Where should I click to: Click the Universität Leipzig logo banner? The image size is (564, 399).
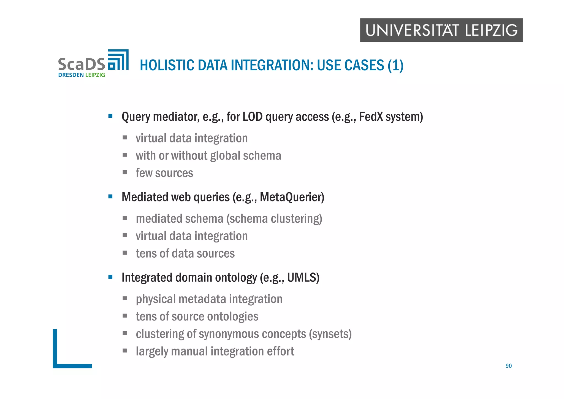point(441,30)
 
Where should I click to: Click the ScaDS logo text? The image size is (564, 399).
point(82,64)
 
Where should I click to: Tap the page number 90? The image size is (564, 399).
point(508,366)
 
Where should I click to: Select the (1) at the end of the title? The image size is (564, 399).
point(395,65)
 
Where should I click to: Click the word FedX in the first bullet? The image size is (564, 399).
point(371,117)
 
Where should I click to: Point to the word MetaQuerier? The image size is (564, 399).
point(292,197)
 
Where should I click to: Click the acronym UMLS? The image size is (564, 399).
point(303,277)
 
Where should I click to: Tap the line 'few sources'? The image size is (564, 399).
point(164,173)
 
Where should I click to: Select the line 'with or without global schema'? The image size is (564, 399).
point(208,156)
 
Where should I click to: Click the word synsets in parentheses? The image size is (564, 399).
point(330,334)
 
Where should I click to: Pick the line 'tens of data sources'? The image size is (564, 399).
point(185,254)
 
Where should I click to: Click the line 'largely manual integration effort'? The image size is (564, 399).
point(215,351)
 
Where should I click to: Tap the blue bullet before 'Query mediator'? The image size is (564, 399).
point(110,116)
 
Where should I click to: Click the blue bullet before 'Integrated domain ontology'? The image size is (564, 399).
point(110,277)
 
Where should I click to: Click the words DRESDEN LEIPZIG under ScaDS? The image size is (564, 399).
point(82,75)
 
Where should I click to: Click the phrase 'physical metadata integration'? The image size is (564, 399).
point(209,299)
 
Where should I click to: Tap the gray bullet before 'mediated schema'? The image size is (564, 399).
point(125,218)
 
